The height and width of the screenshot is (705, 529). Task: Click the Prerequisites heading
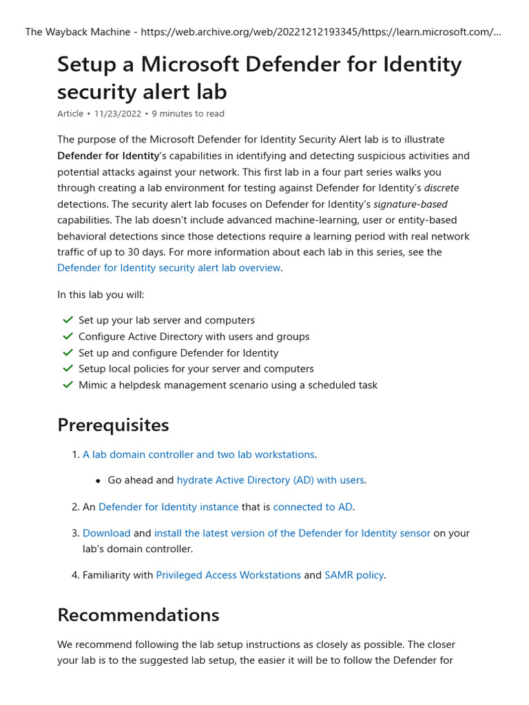coord(113,425)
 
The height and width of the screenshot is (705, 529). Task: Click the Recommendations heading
coord(138,614)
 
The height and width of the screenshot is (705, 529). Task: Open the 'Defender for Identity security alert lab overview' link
coord(169,268)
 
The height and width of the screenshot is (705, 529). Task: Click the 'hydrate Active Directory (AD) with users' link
coord(270,480)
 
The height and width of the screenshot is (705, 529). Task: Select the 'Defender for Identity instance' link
coord(168,507)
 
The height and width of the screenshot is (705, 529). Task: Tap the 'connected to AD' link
coord(313,507)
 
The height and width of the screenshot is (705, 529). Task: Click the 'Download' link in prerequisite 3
coord(106,533)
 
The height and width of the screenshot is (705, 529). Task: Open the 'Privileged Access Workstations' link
coord(228,575)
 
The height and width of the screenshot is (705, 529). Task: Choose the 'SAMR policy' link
coord(353,575)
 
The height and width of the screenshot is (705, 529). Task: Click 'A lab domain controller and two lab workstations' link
coord(198,454)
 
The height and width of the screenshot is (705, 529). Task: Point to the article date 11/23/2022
coord(117,114)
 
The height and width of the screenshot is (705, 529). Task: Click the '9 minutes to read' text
coord(187,114)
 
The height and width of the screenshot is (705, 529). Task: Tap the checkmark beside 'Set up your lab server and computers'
coord(68,320)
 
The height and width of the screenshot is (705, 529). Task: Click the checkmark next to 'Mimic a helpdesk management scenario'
coord(68,385)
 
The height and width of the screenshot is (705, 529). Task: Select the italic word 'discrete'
coord(441,188)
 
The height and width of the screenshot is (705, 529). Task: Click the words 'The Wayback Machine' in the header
coord(69,32)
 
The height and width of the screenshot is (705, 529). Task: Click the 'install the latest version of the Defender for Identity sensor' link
coord(292,533)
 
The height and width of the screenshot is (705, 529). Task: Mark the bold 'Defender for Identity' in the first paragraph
coord(108,156)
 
